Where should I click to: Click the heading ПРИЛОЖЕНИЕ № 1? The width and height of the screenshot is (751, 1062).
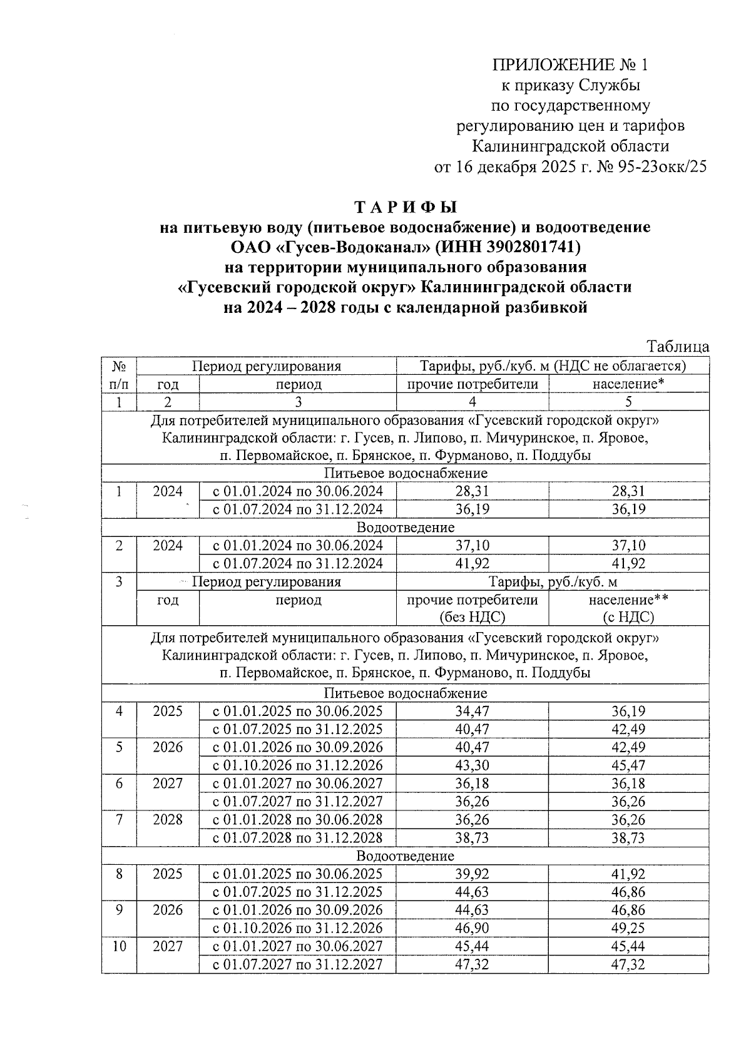[570, 65]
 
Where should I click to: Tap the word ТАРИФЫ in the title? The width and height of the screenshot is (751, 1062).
[406, 207]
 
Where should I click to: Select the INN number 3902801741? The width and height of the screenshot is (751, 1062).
[526, 247]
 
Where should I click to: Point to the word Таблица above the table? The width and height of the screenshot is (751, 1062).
[678, 347]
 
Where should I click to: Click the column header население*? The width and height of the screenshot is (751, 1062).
[628, 384]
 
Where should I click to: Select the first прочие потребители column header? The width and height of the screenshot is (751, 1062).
[473, 384]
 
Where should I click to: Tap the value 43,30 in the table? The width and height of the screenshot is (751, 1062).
[473, 765]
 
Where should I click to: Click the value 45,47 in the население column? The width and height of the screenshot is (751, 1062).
[628, 765]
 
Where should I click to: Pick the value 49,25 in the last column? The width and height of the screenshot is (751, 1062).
[628, 928]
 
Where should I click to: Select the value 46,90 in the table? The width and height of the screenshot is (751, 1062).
[473, 928]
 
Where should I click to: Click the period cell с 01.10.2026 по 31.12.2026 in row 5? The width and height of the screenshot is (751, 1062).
[298, 765]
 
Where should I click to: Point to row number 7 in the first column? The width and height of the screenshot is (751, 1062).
[119, 820]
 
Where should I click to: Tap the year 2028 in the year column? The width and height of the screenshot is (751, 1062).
[168, 820]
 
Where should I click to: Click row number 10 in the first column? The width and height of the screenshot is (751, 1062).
[119, 946]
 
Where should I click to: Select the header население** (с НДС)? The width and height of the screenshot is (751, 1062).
[628, 608]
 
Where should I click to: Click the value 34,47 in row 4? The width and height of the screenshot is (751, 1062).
[473, 712]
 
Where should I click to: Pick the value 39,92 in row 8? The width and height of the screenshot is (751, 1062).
[473, 874]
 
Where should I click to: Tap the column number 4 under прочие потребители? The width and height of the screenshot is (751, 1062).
[473, 402]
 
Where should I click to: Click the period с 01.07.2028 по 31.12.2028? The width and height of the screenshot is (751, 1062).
[298, 838]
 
